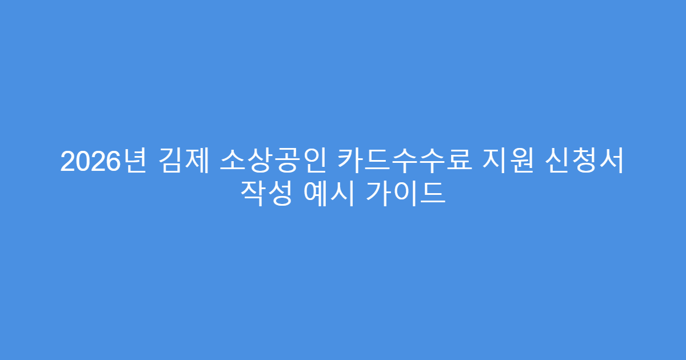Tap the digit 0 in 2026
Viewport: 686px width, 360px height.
pos(82,162)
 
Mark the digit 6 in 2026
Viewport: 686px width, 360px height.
pos(113,162)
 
